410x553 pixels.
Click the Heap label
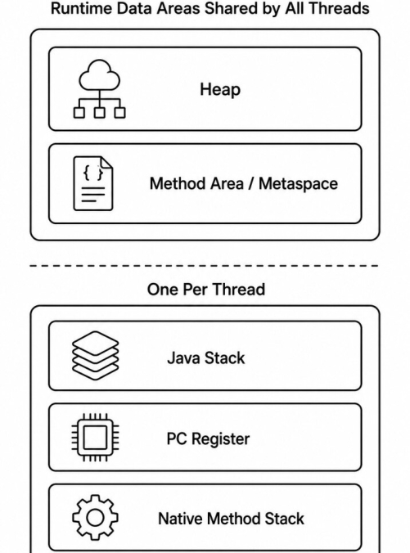[220, 90]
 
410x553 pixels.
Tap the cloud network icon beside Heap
[99, 88]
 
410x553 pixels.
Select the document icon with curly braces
[93, 183]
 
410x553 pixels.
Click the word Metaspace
[298, 184]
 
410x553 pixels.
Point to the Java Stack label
[205, 358]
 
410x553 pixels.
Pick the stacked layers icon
[95, 356]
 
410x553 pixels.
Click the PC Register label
[208, 438]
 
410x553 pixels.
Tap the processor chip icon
[95, 438]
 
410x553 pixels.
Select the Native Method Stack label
[231, 519]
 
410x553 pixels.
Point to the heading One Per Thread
[206, 290]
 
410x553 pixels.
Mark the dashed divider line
[204, 266]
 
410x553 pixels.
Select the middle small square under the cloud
[100, 113]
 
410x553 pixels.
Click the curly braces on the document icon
[93, 173]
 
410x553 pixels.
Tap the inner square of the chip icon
[95, 438]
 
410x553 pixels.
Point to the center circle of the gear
[95, 518]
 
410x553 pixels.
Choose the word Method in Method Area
[175, 184]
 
